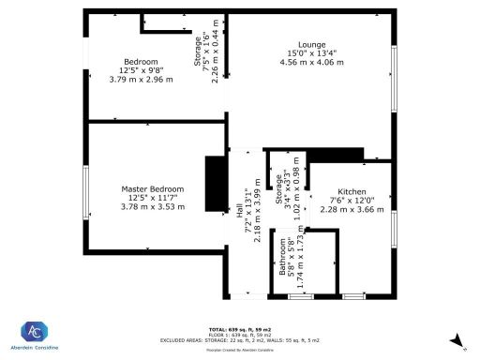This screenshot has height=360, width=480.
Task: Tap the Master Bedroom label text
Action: coord(152,188)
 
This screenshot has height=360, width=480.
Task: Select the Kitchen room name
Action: coord(352,190)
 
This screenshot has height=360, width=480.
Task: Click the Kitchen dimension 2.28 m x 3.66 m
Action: coord(352,209)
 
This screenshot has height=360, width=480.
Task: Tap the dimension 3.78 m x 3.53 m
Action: coord(152,207)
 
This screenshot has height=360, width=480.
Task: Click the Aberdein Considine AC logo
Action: coord(35,331)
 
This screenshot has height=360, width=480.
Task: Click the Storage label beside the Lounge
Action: coord(198,53)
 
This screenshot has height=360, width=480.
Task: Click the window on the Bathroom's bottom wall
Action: coord(300,296)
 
